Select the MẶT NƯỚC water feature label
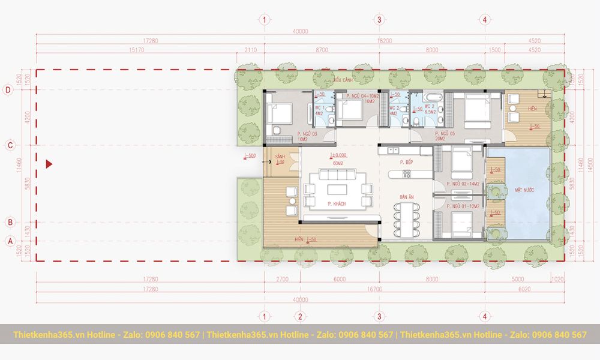click(524, 190)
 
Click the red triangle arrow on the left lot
click(50, 164)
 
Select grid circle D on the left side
click(8, 90)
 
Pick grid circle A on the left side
click(8, 241)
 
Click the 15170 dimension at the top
click(136, 50)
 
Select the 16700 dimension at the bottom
click(374, 289)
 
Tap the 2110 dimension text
click(250, 50)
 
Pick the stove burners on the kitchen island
click(406, 175)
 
